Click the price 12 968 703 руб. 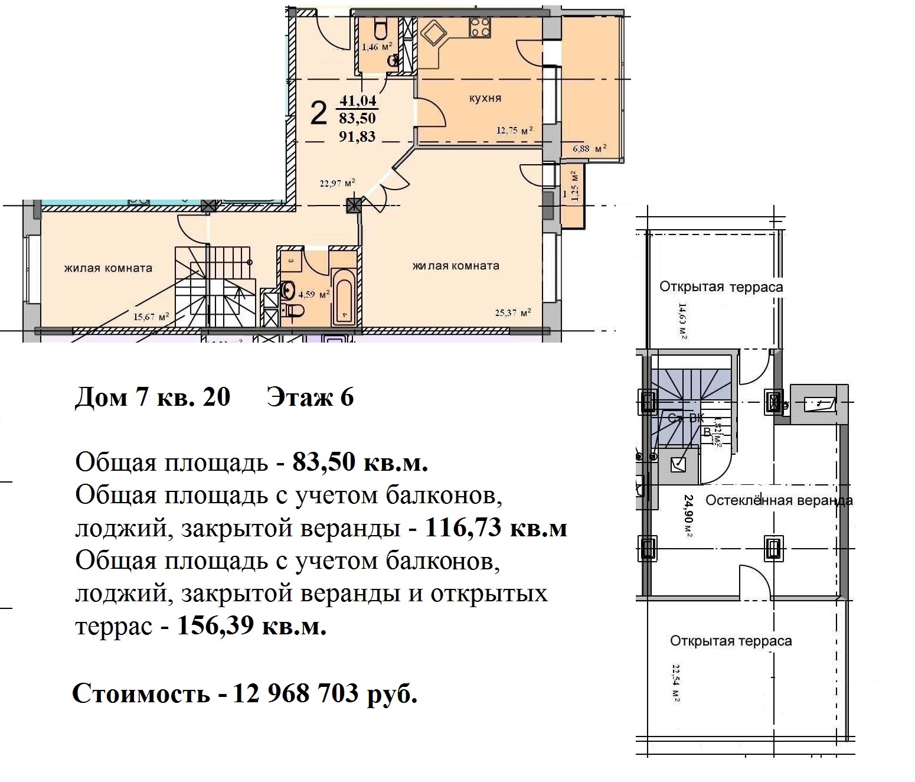click(325, 693)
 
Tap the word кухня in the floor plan click(485, 98)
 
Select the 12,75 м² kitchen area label click(515, 131)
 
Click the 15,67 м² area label click(151, 317)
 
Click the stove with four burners click(479, 27)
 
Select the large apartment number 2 click(318, 113)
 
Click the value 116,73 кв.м click(495, 527)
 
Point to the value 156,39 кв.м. click(251, 625)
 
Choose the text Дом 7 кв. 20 click(152, 397)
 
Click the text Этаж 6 click(311, 397)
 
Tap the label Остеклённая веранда click(779, 501)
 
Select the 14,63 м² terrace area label click(682, 321)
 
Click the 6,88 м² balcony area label click(590, 149)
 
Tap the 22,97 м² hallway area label click(337, 184)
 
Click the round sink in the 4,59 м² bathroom click(289, 289)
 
